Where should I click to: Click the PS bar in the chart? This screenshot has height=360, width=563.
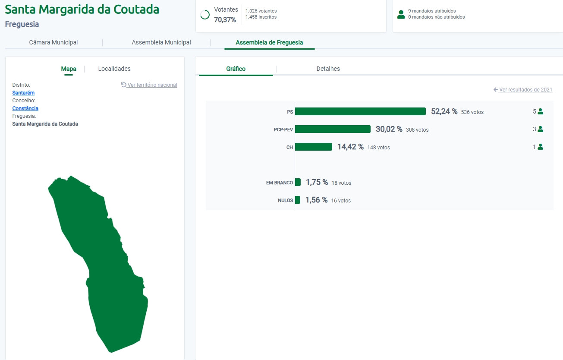point(360,111)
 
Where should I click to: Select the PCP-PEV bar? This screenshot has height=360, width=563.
point(333,129)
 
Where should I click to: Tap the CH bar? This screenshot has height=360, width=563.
point(314,147)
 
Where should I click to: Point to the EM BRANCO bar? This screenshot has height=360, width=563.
point(298,182)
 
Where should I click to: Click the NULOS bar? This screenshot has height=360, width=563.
point(298,200)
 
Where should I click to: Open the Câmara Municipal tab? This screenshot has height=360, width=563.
point(53,42)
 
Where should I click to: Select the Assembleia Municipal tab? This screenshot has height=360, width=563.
point(161,42)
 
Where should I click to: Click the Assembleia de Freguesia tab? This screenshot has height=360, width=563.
point(269,42)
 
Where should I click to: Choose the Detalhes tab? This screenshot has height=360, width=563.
point(328,69)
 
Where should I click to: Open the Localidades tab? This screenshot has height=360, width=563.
point(114,69)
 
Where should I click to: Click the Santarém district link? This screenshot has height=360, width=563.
point(23,93)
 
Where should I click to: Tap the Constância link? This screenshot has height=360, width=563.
point(25,108)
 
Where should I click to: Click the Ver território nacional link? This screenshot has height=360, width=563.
point(152,85)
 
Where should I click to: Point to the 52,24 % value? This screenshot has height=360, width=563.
point(444,111)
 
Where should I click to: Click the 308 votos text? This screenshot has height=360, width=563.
point(417,129)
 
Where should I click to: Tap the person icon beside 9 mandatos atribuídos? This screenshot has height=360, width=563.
point(401,14)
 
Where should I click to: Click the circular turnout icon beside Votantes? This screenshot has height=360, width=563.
point(205,15)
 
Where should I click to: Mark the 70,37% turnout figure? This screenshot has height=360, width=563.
point(225,20)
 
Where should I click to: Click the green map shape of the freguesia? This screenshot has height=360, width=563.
point(108,268)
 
